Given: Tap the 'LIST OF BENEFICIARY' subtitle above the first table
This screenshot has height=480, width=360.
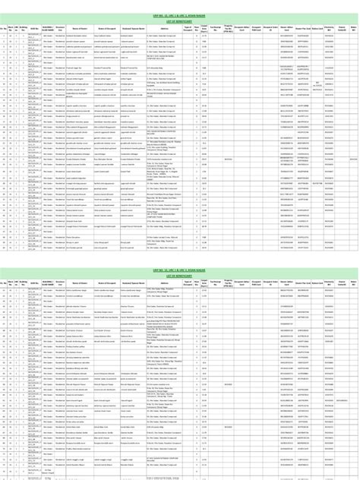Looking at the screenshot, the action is pos(180,21).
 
